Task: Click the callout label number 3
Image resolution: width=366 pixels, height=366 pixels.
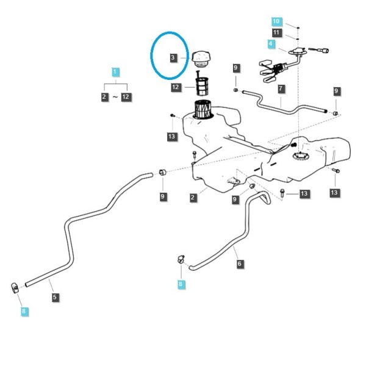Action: [x=173, y=58]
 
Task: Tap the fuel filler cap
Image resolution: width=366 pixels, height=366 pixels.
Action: [x=201, y=59]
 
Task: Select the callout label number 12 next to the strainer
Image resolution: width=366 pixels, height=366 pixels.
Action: [x=176, y=87]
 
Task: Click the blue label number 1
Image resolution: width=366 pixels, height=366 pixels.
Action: [x=115, y=72]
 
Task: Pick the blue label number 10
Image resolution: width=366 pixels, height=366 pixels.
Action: [x=276, y=22]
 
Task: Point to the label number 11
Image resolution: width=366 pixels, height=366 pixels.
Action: [x=276, y=32]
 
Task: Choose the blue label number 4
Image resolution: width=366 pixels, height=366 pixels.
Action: [x=271, y=44]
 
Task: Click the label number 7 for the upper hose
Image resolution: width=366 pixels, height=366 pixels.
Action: [x=281, y=89]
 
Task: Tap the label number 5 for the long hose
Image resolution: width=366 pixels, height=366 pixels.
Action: [x=55, y=298]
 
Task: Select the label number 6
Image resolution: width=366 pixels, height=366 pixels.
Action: [x=240, y=264]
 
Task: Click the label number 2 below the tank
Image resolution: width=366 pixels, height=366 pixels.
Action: [x=193, y=198]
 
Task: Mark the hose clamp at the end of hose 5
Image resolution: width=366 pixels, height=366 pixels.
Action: [x=15, y=288]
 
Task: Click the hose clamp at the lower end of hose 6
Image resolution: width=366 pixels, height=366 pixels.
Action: [x=181, y=259]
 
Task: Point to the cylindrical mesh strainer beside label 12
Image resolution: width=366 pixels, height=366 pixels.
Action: [x=201, y=86]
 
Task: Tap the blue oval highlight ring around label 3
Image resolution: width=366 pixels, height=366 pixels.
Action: [x=151, y=55]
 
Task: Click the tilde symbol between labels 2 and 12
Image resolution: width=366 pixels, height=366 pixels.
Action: [x=115, y=97]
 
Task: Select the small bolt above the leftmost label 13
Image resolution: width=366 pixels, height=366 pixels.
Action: [x=173, y=115]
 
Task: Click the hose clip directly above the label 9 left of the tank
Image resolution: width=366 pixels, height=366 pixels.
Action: [x=162, y=172]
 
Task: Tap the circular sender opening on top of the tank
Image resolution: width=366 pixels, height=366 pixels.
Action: [x=301, y=156]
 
